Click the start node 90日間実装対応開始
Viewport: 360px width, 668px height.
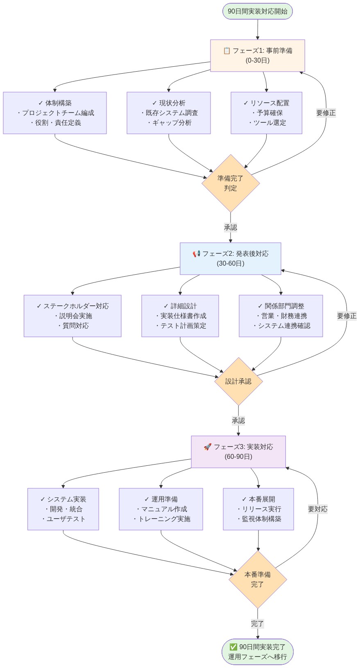click(x=258, y=11)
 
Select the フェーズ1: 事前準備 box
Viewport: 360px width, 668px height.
click(x=258, y=56)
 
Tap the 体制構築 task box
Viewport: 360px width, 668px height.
click(x=55, y=113)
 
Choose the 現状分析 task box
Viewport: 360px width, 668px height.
click(x=169, y=113)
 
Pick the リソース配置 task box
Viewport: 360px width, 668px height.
click(x=266, y=113)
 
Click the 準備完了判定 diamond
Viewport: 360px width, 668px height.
click(x=231, y=183)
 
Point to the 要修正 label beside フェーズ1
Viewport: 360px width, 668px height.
click(x=326, y=113)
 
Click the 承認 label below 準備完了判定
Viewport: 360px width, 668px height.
click(x=231, y=228)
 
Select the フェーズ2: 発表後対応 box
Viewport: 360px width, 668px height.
click(x=231, y=259)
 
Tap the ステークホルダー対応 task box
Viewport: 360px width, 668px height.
click(x=72, y=316)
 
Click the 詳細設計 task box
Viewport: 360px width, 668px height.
click(x=180, y=316)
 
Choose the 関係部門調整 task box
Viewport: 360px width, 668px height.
click(x=281, y=316)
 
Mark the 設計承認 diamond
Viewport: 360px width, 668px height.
click(x=238, y=381)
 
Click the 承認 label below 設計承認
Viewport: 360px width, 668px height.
click(x=238, y=421)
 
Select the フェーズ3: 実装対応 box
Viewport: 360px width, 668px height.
click(x=238, y=452)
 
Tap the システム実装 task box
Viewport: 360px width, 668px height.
click(x=63, y=509)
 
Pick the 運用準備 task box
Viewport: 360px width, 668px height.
click(x=161, y=509)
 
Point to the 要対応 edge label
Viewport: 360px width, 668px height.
click(x=318, y=509)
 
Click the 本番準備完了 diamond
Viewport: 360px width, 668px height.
click(x=258, y=580)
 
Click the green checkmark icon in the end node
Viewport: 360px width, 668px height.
click(x=233, y=647)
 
